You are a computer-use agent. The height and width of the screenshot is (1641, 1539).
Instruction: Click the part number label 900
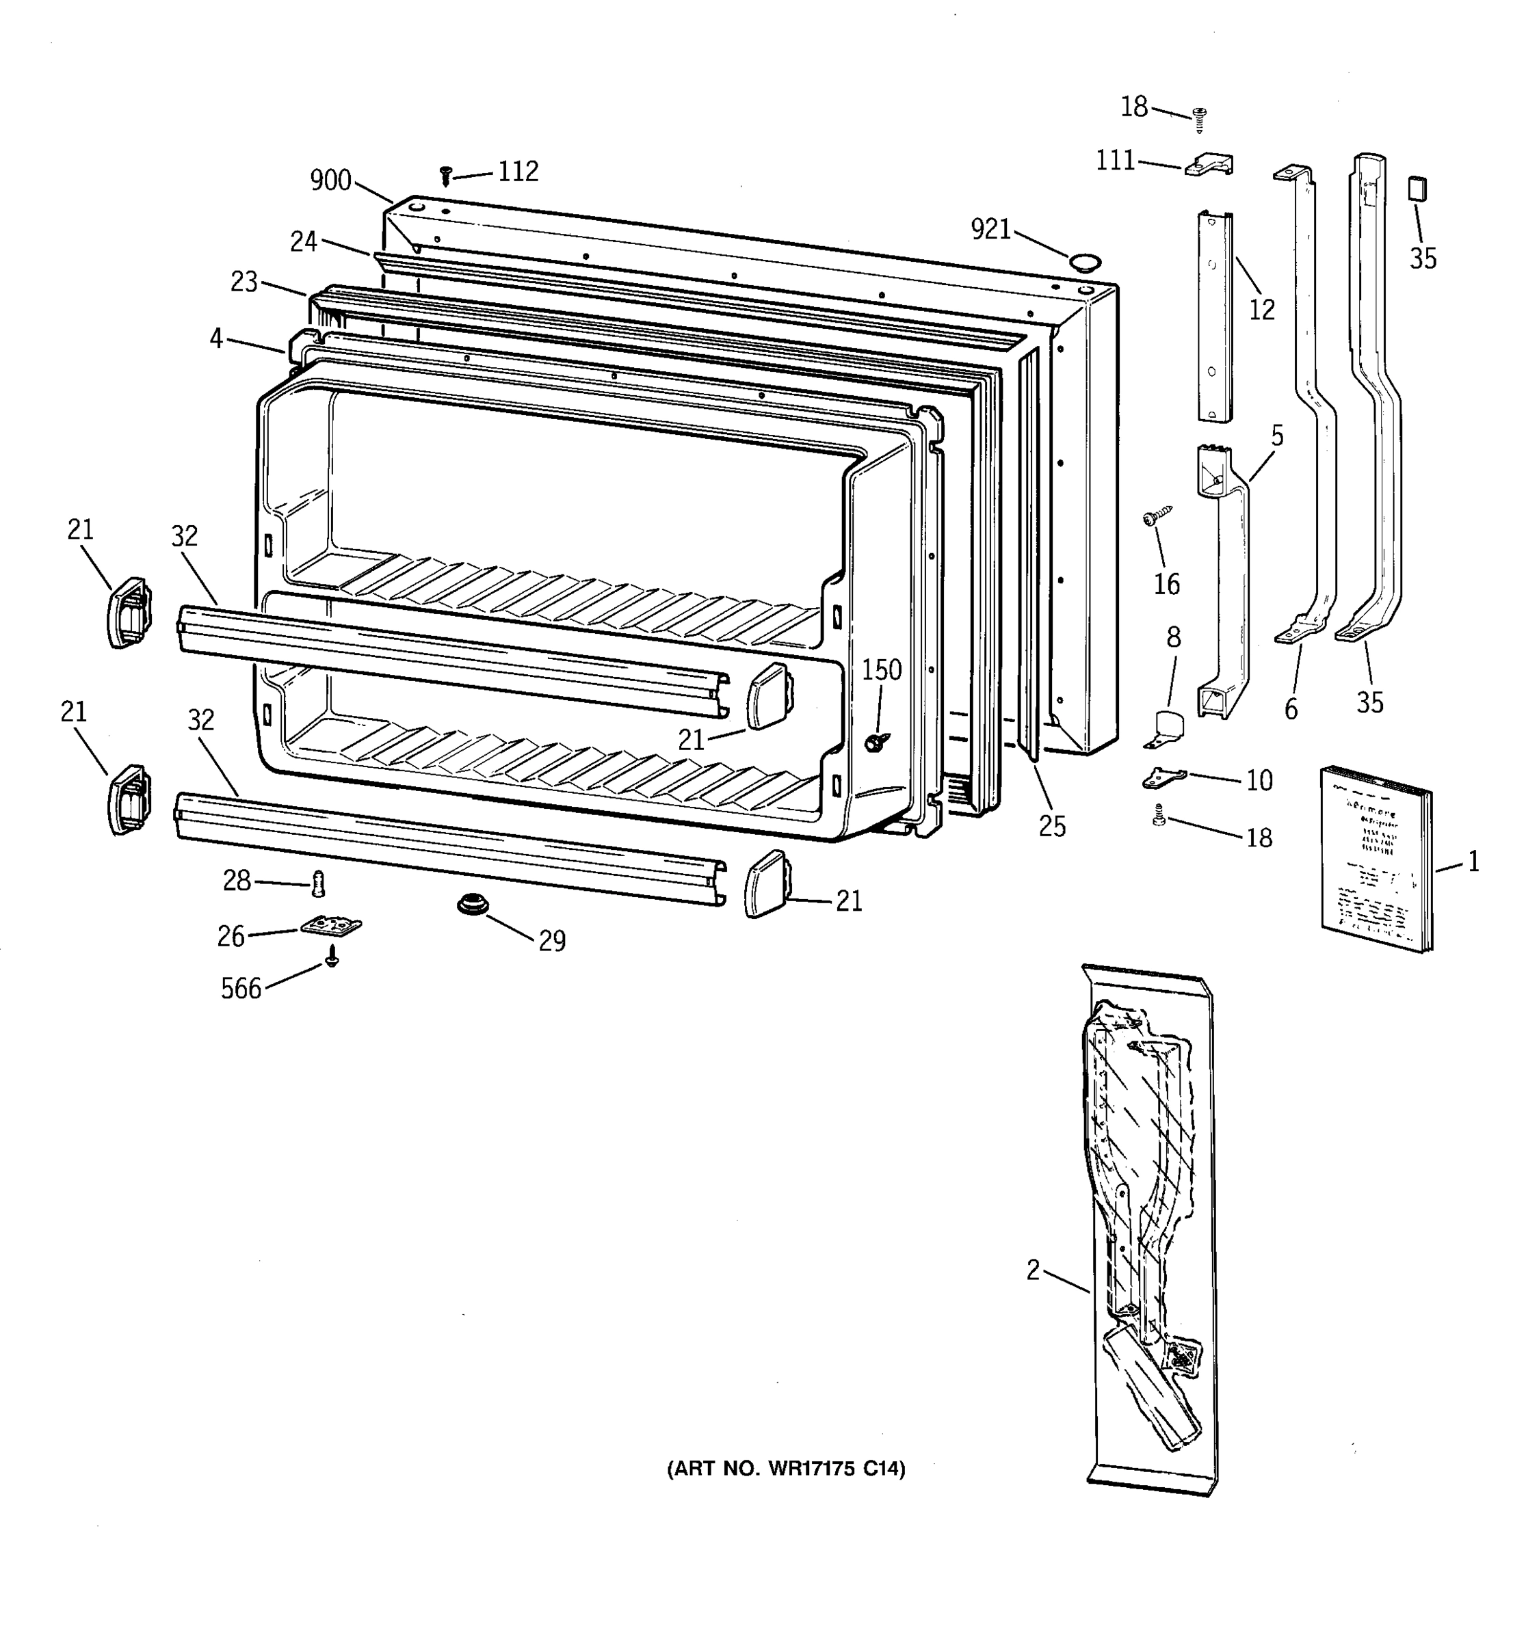[x=330, y=180]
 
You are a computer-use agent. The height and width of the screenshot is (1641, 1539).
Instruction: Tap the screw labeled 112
[x=446, y=174]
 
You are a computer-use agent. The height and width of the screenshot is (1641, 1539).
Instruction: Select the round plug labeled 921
[x=1085, y=263]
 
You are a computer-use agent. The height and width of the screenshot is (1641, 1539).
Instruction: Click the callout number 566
[x=240, y=988]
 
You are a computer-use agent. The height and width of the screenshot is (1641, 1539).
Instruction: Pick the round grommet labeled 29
[x=473, y=905]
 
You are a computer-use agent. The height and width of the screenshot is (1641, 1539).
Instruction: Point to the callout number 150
[x=882, y=669]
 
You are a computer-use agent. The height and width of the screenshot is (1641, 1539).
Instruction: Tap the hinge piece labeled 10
[x=1163, y=777]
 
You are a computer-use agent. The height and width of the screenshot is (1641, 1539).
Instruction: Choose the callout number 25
[x=1052, y=826]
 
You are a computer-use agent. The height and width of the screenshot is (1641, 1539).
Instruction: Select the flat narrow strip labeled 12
[x=1215, y=315]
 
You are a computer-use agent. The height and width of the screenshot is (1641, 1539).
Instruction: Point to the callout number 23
[x=244, y=282]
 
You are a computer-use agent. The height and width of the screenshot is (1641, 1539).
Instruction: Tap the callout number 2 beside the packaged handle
[x=1033, y=1270]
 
